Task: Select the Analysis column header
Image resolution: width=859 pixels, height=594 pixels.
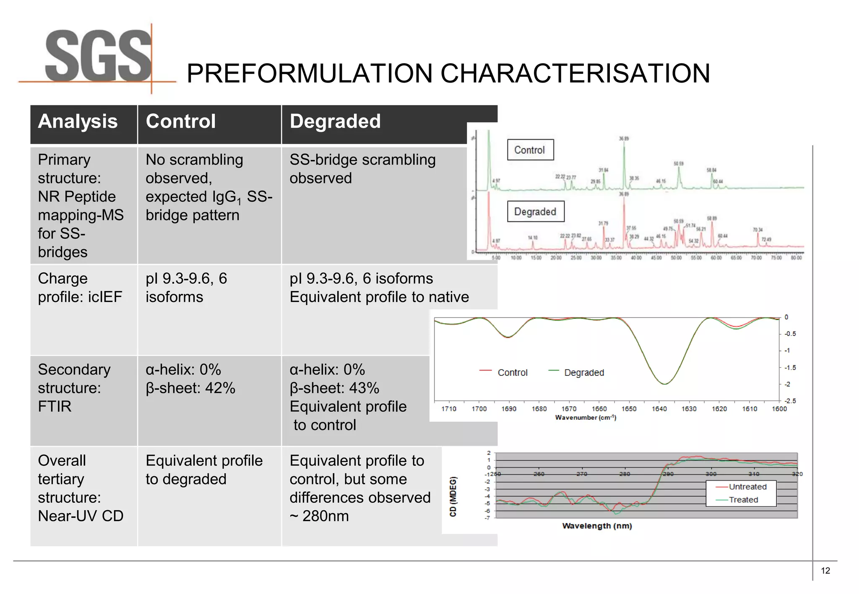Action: click(78, 121)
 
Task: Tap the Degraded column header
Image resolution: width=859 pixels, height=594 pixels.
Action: click(335, 121)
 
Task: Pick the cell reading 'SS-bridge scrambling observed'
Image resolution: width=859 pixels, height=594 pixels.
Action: click(362, 169)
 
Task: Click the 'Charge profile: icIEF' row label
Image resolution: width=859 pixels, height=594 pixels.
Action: click(80, 288)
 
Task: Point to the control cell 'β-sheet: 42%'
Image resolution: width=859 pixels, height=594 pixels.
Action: click(190, 388)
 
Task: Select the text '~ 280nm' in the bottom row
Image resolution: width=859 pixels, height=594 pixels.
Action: click(319, 516)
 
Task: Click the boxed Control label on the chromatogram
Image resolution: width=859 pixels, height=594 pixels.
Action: click(530, 150)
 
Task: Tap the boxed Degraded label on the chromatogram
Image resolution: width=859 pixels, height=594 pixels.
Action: click(535, 212)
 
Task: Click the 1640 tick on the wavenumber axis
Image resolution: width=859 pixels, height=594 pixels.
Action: click(659, 409)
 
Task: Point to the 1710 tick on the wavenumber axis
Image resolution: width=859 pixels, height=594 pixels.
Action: click(449, 409)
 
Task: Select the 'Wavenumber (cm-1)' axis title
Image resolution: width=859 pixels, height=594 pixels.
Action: click(586, 418)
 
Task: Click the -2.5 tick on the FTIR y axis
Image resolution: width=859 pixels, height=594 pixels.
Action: click(790, 401)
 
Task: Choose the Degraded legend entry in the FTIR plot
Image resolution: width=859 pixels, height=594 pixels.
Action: click(584, 372)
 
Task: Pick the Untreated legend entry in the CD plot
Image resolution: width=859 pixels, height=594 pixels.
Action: click(747, 487)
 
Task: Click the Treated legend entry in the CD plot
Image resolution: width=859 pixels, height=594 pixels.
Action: click(743, 500)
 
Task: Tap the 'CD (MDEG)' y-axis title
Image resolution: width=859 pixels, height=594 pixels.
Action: click(453, 496)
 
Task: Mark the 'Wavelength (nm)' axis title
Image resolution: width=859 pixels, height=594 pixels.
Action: click(597, 526)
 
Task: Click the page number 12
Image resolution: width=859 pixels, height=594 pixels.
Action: click(825, 571)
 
